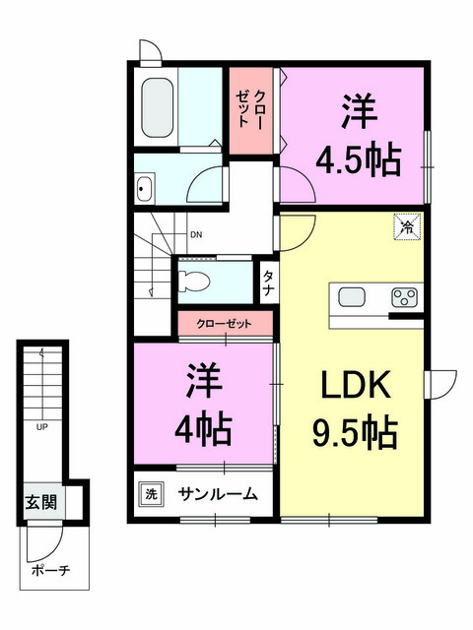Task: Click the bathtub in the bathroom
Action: point(158,107)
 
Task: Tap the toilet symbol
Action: point(194,281)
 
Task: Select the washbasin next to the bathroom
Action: point(145,188)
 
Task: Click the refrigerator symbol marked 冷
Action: point(407,226)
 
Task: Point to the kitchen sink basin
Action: point(352,297)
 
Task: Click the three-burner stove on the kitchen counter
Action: point(405,298)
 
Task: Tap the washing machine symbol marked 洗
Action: point(151,494)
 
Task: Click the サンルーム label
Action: point(218,494)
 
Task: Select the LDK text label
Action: point(356,385)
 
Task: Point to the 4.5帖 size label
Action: point(359,159)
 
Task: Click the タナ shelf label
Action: point(268,283)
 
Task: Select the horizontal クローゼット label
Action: point(224,324)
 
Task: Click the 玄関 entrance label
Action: point(41,502)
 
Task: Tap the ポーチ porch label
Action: point(50,570)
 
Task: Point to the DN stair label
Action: point(196,235)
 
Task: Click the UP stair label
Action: point(41,427)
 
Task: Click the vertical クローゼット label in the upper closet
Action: point(249,109)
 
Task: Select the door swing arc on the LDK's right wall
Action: point(446,385)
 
